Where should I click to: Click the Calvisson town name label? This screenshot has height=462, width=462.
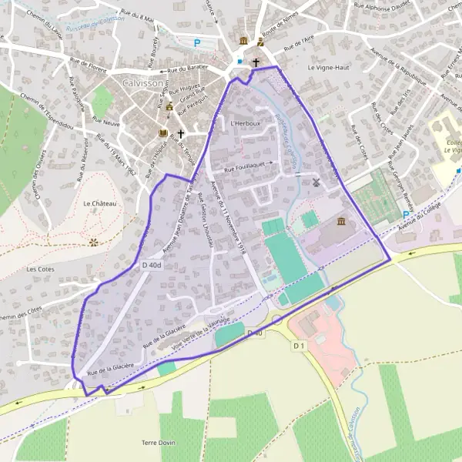pyautogui.click(x=142, y=82)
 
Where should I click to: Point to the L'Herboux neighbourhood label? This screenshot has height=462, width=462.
pyautogui.click(x=245, y=123)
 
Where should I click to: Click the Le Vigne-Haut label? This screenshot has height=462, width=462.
pyautogui.click(x=329, y=68)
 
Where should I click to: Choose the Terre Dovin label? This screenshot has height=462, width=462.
pyautogui.click(x=159, y=443)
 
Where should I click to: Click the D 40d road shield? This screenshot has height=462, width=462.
pyautogui.click(x=152, y=266)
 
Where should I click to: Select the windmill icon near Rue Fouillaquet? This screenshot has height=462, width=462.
pyautogui.click(x=315, y=182)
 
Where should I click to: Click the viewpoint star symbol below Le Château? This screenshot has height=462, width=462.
pyautogui.click(x=94, y=242)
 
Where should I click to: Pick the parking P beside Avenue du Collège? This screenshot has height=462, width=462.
pyautogui.click(x=407, y=216)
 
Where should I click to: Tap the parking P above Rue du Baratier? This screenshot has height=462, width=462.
pyautogui.click(x=196, y=44)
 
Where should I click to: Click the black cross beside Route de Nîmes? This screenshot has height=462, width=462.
pyautogui.click(x=256, y=62)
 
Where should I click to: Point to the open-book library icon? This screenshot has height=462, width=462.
pyautogui.click(x=162, y=133)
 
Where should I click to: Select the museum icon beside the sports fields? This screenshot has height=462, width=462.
pyautogui.click(x=340, y=223)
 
